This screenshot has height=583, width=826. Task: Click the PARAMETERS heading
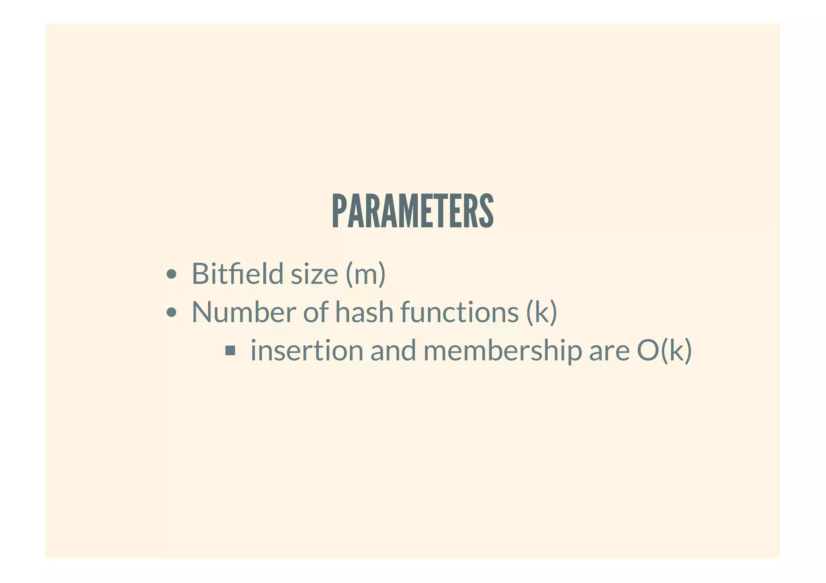coord(413,211)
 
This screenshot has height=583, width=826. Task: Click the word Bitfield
coord(238,274)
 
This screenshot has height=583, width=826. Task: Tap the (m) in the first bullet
coord(365,274)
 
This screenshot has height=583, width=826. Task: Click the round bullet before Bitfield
coord(171,274)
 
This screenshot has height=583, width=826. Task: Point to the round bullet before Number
coord(171,312)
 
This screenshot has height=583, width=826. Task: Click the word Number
coord(244,312)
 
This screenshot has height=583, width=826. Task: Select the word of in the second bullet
coord(315,312)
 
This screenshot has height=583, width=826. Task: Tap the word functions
coord(459,312)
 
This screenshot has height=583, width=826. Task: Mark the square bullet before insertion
coord(230,350)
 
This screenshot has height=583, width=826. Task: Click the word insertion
coord(307,350)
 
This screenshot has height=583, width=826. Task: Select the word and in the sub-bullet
coord(393,350)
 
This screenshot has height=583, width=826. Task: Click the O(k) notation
coord(664,350)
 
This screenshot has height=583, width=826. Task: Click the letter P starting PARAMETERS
coord(339,211)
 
